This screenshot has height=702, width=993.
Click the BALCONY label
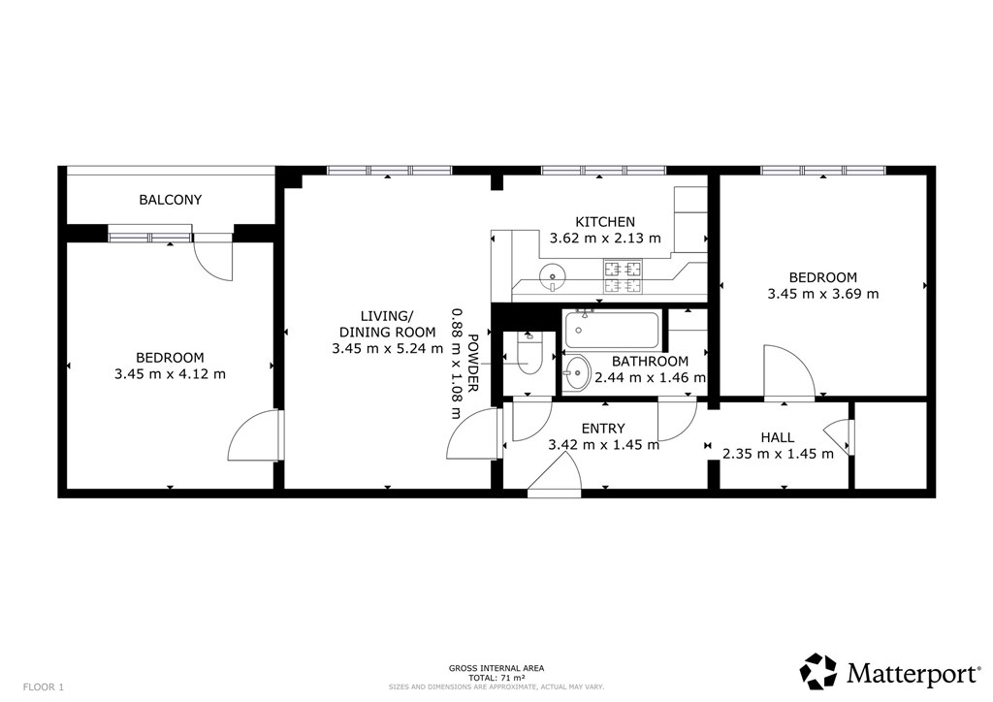pyautogui.click(x=171, y=200)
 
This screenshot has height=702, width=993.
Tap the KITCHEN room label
pyautogui.click(x=605, y=222)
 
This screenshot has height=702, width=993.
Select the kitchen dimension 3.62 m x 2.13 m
pyautogui.click(x=605, y=239)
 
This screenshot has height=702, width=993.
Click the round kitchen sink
pyautogui.click(x=553, y=276)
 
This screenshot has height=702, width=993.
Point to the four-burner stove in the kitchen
pyautogui.click(x=624, y=277)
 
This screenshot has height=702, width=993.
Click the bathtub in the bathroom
pyautogui.click(x=612, y=331)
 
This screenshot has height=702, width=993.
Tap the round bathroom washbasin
pyautogui.click(x=576, y=373)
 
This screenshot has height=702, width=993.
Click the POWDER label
pyautogui.click(x=472, y=364)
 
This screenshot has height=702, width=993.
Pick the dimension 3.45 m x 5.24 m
pyautogui.click(x=388, y=348)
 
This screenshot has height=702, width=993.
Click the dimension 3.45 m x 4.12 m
pyautogui.click(x=170, y=374)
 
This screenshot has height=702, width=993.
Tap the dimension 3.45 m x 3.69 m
pyautogui.click(x=822, y=294)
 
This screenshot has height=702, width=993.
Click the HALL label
pyautogui.click(x=777, y=437)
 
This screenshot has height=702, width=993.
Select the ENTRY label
pyautogui.click(x=603, y=429)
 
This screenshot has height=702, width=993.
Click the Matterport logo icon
pyautogui.click(x=818, y=672)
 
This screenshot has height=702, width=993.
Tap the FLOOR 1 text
pyautogui.click(x=44, y=686)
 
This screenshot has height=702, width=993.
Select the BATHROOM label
pyautogui.click(x=650, y=362)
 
